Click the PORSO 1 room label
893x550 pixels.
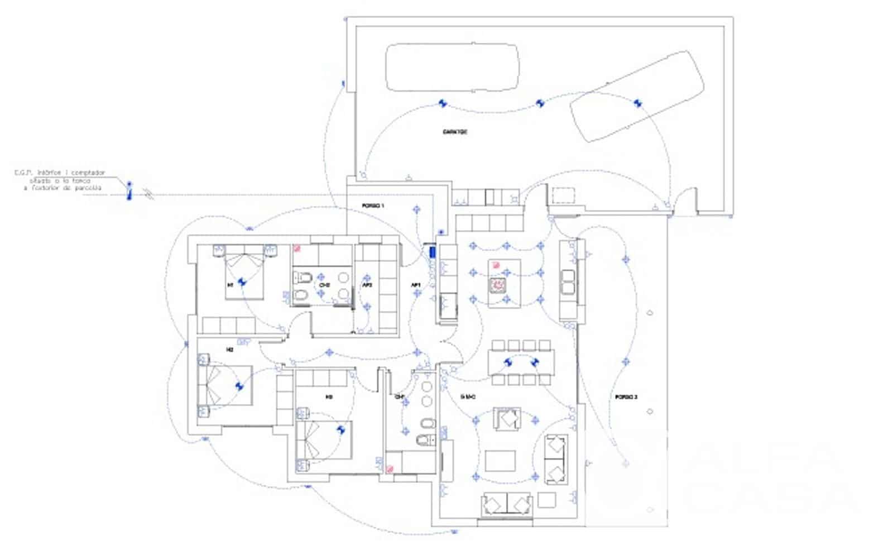[x=373, y=206]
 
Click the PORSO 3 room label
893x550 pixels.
[x=626, y=397]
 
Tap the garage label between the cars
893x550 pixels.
[x=455, y=132]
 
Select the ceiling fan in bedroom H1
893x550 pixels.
[x=242, y=283]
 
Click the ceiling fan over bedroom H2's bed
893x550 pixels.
[x=240, y=386]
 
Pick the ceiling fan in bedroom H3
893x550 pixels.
[x=341, y=429]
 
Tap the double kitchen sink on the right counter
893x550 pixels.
[x=568, y=283]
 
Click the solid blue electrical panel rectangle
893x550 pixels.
[x=432, y=252]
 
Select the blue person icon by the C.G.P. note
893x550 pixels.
[x=129, y=190]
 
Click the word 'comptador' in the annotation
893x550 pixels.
[x=88, y=173]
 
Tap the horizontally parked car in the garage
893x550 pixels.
[x=452, y=68]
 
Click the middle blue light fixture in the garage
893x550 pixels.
[x=540, y=103]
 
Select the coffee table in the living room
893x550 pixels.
[x=500, y=461]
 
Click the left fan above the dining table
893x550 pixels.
[x=508, y=362]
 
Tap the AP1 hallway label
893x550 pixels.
[x=415, y=285]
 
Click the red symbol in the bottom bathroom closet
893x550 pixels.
[x=390, y=469]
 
